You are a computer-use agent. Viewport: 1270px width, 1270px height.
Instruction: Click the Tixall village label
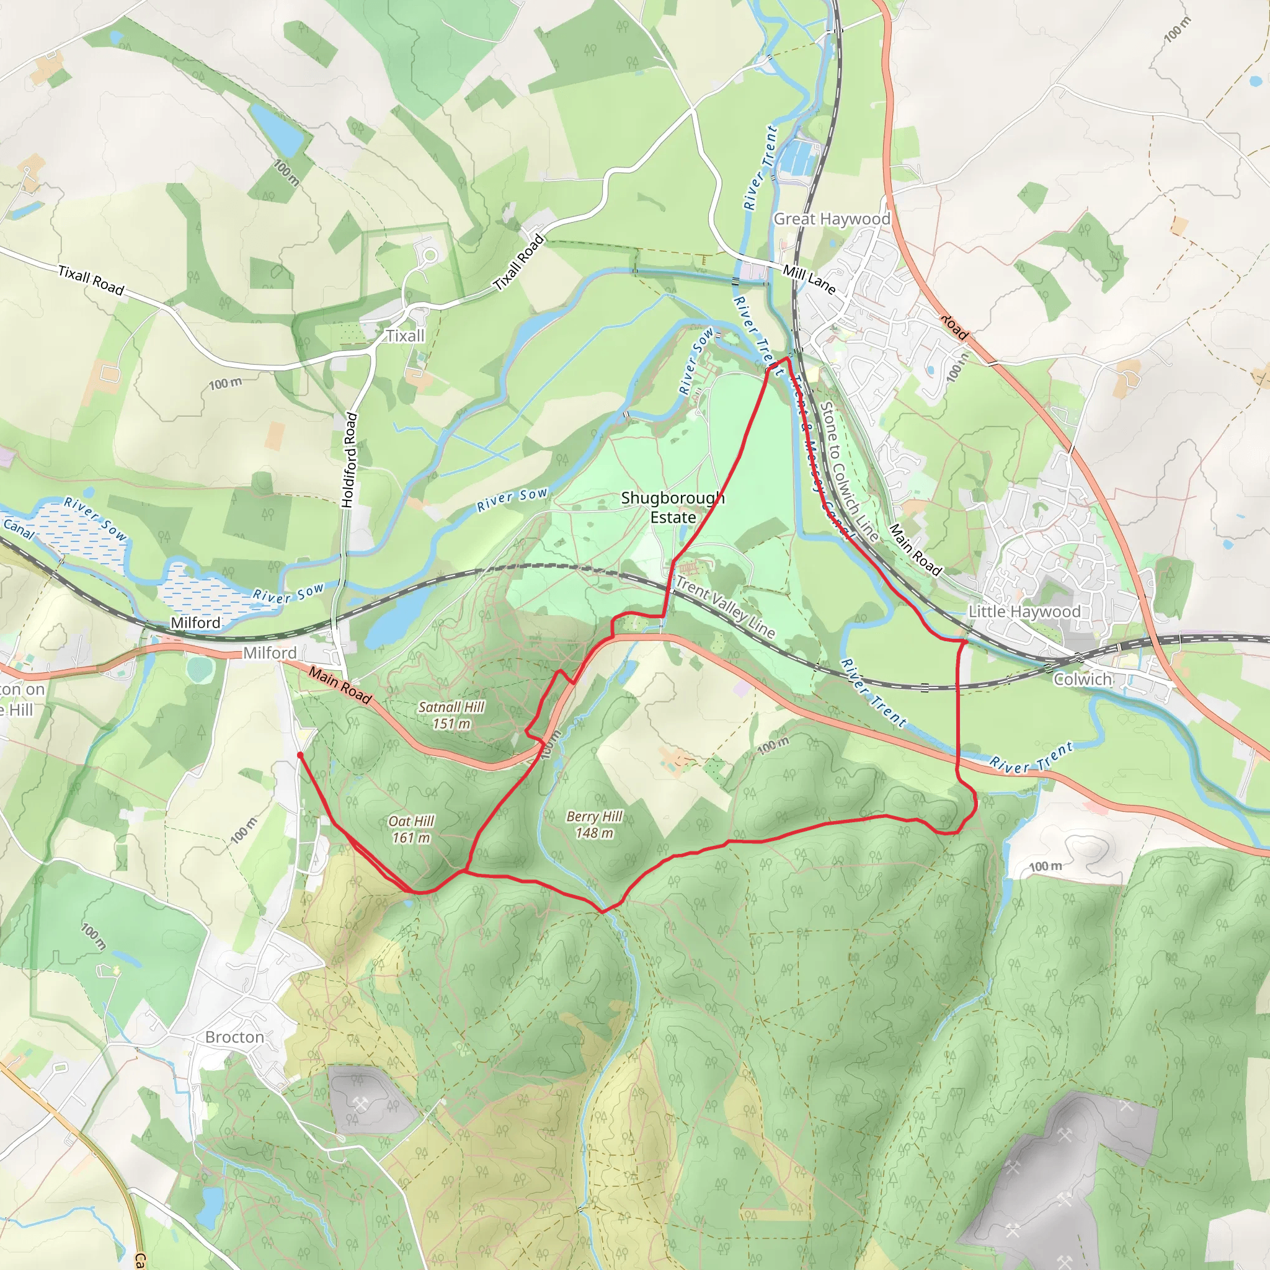click(x=405, y=336)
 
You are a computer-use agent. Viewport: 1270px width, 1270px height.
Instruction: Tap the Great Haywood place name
click(x=832, y=219)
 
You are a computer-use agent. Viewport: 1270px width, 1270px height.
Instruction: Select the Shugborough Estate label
click(x=672, y=507)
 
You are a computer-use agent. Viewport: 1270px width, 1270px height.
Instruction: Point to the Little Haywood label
click(x=1024, y=611)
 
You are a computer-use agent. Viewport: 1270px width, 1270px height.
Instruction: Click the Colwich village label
click(x=1083, y=679)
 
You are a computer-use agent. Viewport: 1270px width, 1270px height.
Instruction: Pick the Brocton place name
click(x=234, y=1037)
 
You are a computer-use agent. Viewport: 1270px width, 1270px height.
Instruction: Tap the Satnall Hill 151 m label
click(x=451, y=715)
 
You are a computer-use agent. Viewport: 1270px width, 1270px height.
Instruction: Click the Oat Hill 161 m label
click(x=412, y=829)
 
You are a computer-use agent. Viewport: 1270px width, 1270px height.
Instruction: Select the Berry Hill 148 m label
click(x=594, y=824)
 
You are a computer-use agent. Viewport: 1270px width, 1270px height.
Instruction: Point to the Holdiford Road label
click(x=350, y=460)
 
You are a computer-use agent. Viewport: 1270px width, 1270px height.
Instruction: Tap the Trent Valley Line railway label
click(x=726, y=606)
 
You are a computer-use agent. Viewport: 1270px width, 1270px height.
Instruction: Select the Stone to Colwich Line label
click(x=849, y=472)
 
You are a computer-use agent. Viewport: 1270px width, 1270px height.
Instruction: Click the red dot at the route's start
click(x=300, y=755)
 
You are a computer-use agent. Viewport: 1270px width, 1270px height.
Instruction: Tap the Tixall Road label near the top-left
click(x=91, y=280)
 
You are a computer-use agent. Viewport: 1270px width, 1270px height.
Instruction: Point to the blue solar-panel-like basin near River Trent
click(x=798, y=158)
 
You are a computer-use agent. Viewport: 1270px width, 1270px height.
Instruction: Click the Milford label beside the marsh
click(x=195, y=622)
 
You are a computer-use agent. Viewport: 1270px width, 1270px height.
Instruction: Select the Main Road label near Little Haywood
click(x=916, y=549)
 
